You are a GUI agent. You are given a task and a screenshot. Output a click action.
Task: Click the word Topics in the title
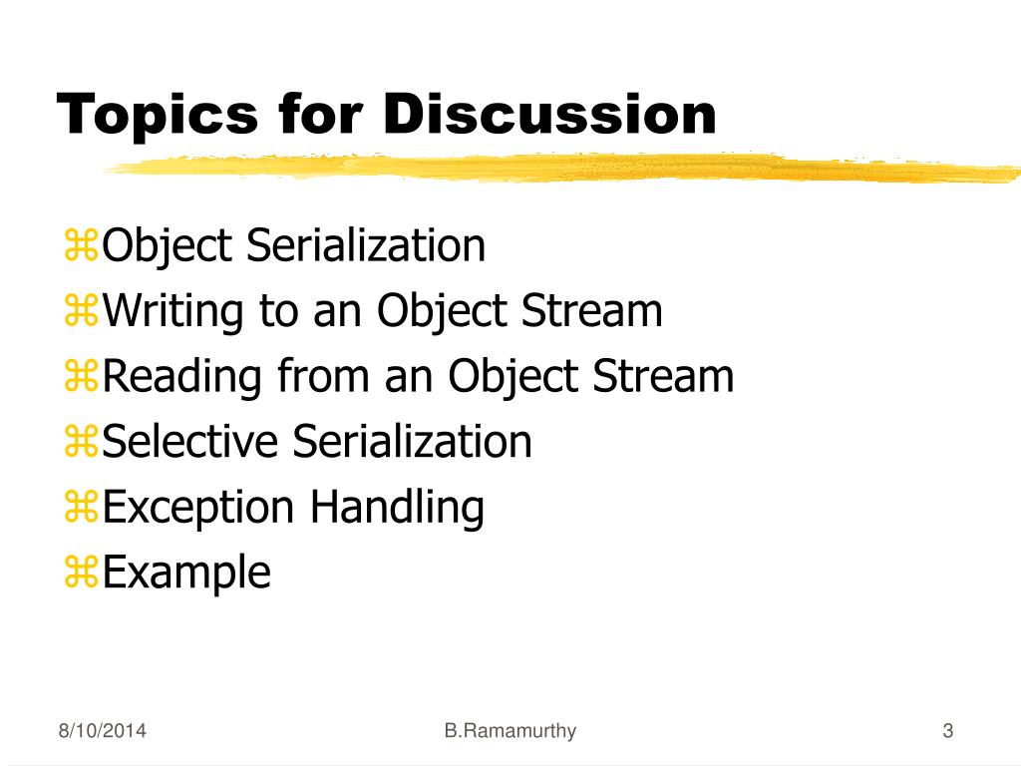coord(157,116)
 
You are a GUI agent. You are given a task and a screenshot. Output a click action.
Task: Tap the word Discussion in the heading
coord(549,114)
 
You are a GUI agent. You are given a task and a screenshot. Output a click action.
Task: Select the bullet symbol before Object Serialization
coord(81,245)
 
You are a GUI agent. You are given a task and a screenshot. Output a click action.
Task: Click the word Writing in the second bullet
coord(173,312)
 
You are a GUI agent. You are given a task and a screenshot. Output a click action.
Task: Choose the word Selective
coord(190,441)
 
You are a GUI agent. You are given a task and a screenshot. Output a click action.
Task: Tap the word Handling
coord(397,508)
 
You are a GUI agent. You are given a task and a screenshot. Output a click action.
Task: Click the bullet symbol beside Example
coord(81,572)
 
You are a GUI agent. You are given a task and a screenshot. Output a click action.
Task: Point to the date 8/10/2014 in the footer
coord(103,730)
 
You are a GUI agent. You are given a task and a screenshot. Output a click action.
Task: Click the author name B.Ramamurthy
coord(510,731)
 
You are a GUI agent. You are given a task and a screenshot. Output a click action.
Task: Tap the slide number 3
coord(948,730)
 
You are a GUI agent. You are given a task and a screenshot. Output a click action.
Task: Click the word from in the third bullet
coord(324,376)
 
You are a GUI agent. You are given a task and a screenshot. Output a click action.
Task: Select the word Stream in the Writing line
coord(592,310)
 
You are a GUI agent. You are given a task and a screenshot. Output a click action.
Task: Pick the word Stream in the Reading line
coord(663,376)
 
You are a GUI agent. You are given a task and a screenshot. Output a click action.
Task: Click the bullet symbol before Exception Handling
coord(81,506)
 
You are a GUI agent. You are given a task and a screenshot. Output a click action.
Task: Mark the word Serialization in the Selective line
coord(412,441)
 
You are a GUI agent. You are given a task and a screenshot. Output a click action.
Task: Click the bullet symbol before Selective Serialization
coord(81,441)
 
